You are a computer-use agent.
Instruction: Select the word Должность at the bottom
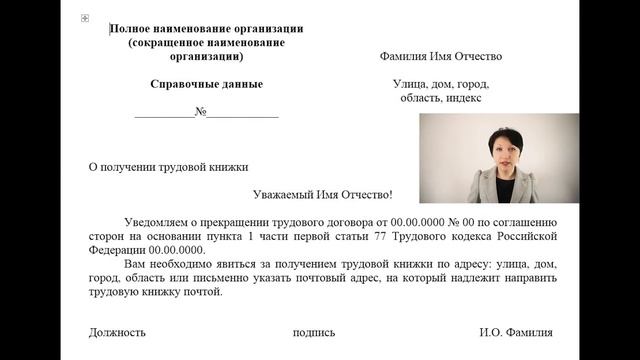tap(117, 332)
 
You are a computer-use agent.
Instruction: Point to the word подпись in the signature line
tap(314, 332)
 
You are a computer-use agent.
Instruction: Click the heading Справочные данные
tap(206, 84)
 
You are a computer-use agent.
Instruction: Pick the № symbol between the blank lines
tap(200, 112)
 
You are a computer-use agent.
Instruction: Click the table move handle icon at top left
tap(84, 19)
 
